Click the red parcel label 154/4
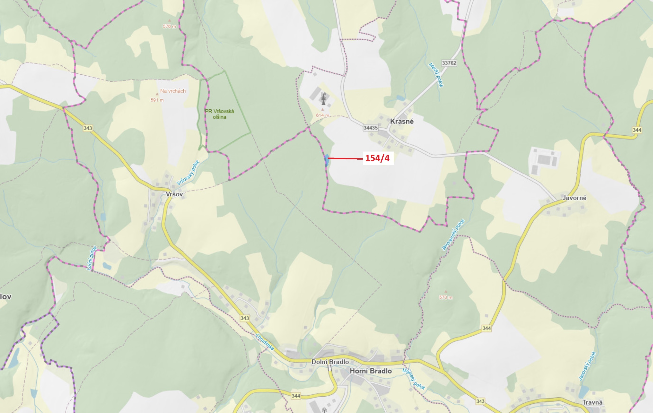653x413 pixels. pyautogui.click(x=377, y=158)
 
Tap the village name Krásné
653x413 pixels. pyautogui.click(x=402, y=122)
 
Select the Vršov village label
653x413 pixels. pyautogui.click(x=174, y=194)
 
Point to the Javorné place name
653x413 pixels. pyautogui.click(x=574, y=198)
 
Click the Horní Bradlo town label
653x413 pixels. pyautogui.click(x=371, y=371)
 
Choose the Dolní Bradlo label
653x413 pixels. pyautogui.click(x=330, y=362)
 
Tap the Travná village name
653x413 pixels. pyautogui.click(x=592, y=402)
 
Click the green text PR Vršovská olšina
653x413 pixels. pyautogui.click(x=219, y=114)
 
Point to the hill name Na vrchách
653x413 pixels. pyautogui.click(x=173, y=91)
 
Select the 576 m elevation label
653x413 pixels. pyautogui.click(x=169, y=26)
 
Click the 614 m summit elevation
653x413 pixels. pyautogui.click(x=322, y=115)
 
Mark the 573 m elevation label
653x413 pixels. pyautogui.click(x=445, y=297)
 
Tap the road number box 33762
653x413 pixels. pyautogui.click(x=449, y=63)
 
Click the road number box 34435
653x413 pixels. pyautogui.click(x=371, y=127)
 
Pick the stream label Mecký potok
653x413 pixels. pyautogui.click(x=436, y=75)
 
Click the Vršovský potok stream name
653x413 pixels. pyautogui.click(x=188, y=172)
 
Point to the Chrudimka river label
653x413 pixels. pyautogui.click(x=265, y=342)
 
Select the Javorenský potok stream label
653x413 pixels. pyautogui.click(x=453, y=235)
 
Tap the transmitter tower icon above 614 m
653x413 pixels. pyautogui.click(x=323, y=98)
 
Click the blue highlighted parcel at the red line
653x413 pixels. pyautogui.click(x=327, y=160)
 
